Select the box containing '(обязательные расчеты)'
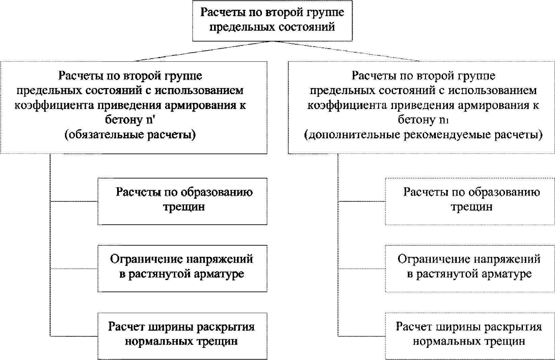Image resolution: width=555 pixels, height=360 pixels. [134, 107]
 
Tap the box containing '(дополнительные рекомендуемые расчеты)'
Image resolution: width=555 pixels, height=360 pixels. [422, 107]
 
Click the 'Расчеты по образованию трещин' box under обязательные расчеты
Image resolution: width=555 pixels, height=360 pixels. [182, 201]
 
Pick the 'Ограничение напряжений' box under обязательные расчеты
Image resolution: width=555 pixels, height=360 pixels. [182, 268]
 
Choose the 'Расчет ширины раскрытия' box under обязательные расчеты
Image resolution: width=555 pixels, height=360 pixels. [182, 335]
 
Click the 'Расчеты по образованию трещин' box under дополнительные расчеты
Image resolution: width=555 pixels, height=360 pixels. [470, 201]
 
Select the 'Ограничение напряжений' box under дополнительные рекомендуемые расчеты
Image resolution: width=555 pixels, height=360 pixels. [470, 268]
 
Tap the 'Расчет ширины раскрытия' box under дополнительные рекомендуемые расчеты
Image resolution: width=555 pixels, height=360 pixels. [470, 335]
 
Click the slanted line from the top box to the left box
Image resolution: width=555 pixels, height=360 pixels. [203, 51]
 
